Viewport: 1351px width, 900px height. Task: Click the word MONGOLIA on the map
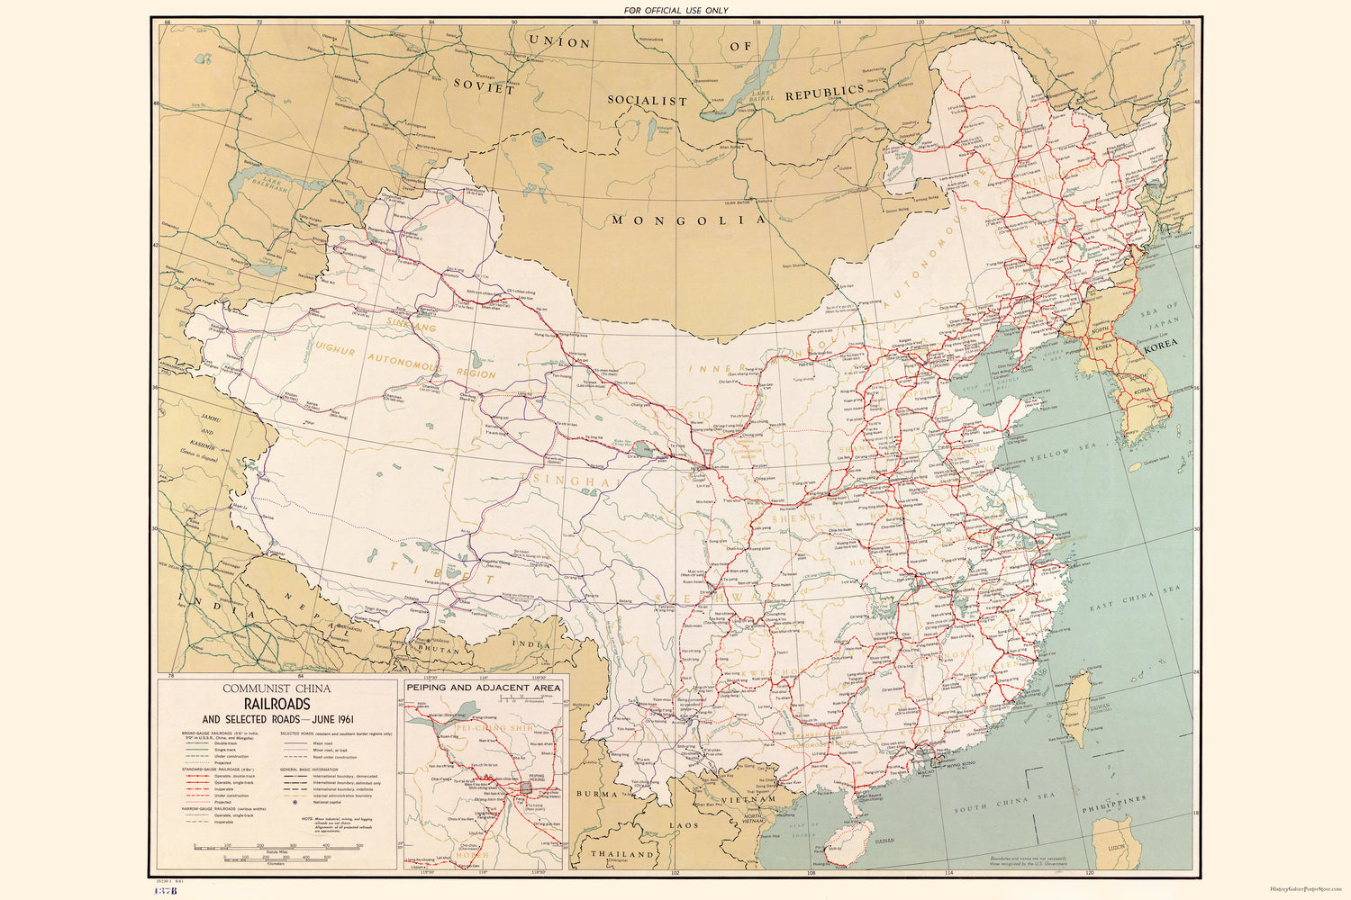(x=688, y=219)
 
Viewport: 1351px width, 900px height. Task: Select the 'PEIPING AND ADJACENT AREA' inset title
(x=483, y=687)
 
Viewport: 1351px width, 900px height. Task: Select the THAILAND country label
(x=622, y=853)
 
